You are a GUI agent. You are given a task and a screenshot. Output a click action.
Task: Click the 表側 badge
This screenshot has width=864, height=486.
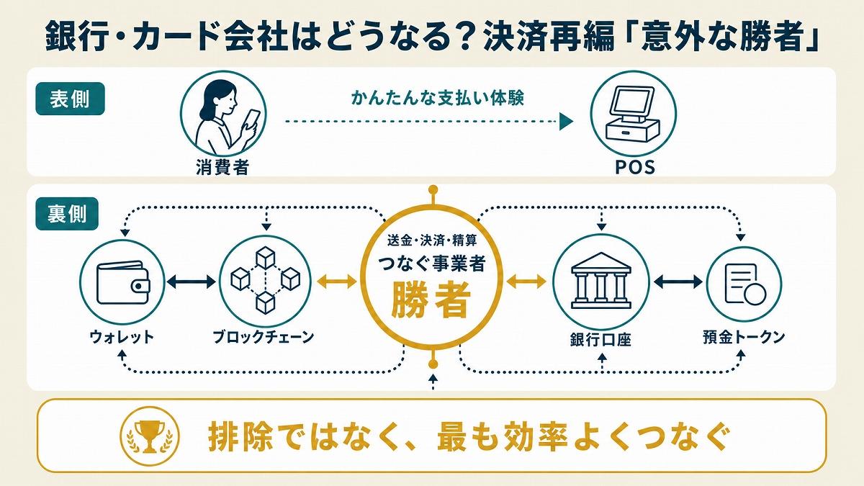[70, 99]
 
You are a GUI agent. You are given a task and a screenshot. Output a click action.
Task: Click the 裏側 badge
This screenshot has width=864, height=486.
[67, 214]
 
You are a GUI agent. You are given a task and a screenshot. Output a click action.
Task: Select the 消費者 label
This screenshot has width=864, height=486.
[222, 167]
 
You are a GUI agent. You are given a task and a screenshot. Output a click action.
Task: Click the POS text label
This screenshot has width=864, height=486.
[635, 167]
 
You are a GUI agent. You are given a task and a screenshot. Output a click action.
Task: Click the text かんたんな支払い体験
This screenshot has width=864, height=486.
[438, 98]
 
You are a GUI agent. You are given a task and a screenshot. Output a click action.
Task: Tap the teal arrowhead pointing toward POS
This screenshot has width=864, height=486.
[566, 122]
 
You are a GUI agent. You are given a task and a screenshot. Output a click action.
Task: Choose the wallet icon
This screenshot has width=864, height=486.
[123, 283]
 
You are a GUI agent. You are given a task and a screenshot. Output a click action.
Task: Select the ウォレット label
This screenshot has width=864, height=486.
[122, 337]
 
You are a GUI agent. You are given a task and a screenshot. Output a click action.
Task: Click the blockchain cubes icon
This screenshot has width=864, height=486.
[266, 280]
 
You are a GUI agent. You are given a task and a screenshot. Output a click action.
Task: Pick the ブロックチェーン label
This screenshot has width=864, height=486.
[264, 337]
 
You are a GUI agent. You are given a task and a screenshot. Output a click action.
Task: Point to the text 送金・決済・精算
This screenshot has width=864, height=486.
[432, 240]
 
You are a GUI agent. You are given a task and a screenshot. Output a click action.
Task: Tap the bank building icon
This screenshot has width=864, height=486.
[601, 281]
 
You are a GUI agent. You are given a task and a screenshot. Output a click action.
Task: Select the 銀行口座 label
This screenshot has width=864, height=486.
[600, 340]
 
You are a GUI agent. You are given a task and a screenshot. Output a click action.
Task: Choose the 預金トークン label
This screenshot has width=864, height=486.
[744, 337]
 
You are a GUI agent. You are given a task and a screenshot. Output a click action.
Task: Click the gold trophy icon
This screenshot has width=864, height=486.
[150, 436]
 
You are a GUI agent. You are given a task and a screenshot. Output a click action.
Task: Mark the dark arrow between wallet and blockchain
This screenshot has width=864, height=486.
[192, 282]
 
